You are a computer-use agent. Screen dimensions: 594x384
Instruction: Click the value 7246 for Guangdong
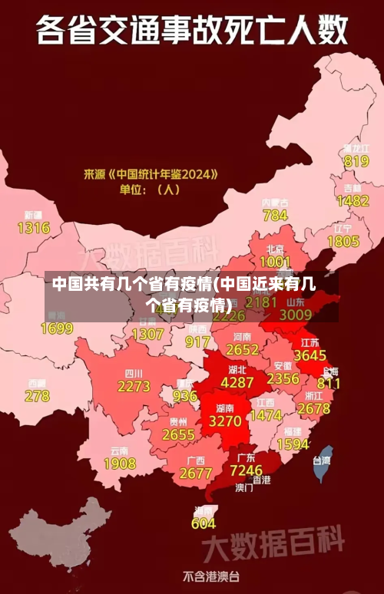tap(247, 469)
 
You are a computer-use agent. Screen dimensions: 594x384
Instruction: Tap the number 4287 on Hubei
tap(237, 381)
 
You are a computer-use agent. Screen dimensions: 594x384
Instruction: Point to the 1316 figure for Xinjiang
tap(33, 228)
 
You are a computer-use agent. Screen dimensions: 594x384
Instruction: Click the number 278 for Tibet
tap(37, 396)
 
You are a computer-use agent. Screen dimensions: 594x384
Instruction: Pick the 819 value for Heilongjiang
tap(356, 161)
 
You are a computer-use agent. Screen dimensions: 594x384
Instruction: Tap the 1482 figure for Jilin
tap(353, 201)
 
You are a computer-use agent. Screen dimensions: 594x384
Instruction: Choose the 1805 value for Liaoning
tap(343, 241)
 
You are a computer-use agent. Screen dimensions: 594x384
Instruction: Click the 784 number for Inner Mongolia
tap(275, 216)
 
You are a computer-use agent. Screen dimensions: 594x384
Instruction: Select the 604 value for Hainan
tap(204, 523)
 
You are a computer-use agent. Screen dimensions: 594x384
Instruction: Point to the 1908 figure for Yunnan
tap(120, 464)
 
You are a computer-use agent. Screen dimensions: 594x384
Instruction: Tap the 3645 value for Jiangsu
tap(310, 355)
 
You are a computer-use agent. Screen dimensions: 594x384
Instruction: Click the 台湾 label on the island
tap(321, 460)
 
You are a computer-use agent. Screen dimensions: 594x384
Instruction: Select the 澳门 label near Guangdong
tap(244, 487)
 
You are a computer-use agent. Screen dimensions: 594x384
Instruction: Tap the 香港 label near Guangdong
tap(262, 480)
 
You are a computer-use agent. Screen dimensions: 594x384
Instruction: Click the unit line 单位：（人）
tap(148, 189)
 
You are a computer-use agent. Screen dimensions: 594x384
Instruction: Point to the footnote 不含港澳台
tap(211, 576)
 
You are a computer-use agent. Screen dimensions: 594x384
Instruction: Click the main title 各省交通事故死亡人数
tap(192, 31)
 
